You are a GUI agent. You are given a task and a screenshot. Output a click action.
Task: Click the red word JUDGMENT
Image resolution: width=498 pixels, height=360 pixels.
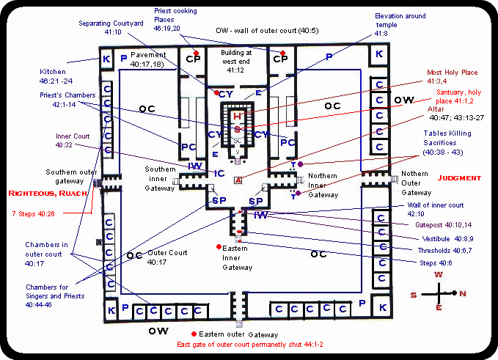click(458, 178)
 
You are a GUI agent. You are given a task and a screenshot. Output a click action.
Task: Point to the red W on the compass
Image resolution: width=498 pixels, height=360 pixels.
click(439, 274)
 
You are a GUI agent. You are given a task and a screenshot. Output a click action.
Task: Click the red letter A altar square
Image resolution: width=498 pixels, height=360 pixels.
click(237, 180)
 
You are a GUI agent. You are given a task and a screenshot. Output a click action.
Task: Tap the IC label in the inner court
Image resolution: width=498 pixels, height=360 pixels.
click(219, 173)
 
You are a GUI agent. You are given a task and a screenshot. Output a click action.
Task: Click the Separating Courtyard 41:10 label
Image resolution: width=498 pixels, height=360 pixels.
click(111, 28)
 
